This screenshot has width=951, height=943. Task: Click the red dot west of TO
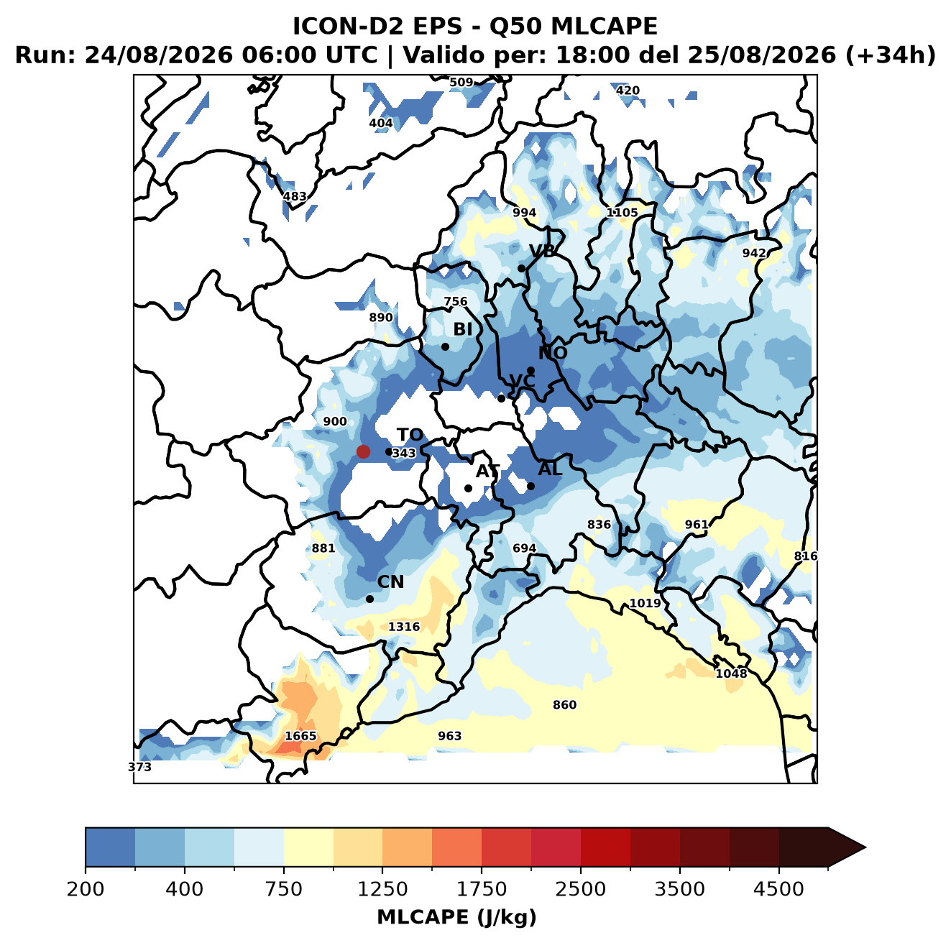(x=363, y=451)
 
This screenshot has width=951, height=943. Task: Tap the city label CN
(x=390, y=582)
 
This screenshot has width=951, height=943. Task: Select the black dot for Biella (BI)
(x=445, y=347)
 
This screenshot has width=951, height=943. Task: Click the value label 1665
(x=300, y=736)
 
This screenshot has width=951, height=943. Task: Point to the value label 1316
(x=404, y=627)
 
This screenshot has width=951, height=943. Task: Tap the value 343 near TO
(x=404, y=453)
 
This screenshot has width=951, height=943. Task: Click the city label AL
(x=550, y=469)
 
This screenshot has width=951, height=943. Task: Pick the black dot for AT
(x=469, y=489)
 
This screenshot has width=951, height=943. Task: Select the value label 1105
(x=622, y=213)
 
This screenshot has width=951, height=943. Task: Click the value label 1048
(x=731, y=673)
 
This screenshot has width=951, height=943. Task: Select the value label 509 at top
(x=461, y=83)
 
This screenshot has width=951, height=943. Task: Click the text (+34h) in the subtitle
(x=891, y=55)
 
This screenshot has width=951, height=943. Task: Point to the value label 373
(x=139, y=767)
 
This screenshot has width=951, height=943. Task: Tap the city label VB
(x=542, y=251)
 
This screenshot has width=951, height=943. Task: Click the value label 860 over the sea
(x=564, y=704)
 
